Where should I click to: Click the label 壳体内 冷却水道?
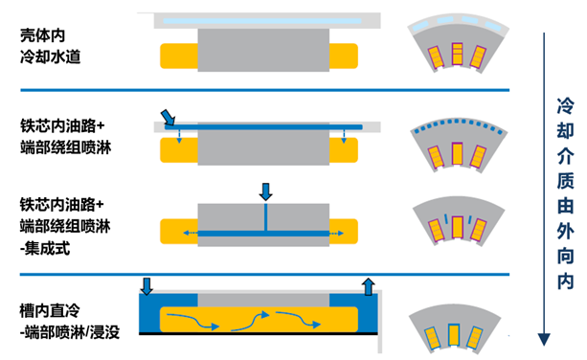(x=50, y=46)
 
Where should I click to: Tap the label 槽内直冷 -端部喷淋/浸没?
(x=70, y=322)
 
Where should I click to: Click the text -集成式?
(x=45, y=248)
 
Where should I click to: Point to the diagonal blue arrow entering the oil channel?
(x=168, y=117)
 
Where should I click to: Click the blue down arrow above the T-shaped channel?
(x=266, y=191)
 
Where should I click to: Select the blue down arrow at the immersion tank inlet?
(x=147, y=286)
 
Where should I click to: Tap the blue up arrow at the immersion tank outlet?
(x=369, y=286)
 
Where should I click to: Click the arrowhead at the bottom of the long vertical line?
(x=544, y=339)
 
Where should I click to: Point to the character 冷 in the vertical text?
(x=565, y=106)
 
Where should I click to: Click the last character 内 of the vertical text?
(x=565, y=281)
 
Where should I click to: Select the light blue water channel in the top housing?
(x=262, y=21)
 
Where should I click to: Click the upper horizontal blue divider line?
(x=264, y=90)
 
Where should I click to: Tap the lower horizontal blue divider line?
(x=264, y=275)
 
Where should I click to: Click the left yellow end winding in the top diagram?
(x=179, y=56)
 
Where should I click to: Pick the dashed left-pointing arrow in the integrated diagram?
(x=191, y=234)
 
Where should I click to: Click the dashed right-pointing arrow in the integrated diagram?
(x=336, y=234)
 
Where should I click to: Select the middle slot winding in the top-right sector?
(x=457, y=54)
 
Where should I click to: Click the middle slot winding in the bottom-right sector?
(x=454, y=334)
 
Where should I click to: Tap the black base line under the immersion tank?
(x=259, y=333)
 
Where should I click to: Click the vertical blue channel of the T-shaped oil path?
(x=266, y=217)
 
